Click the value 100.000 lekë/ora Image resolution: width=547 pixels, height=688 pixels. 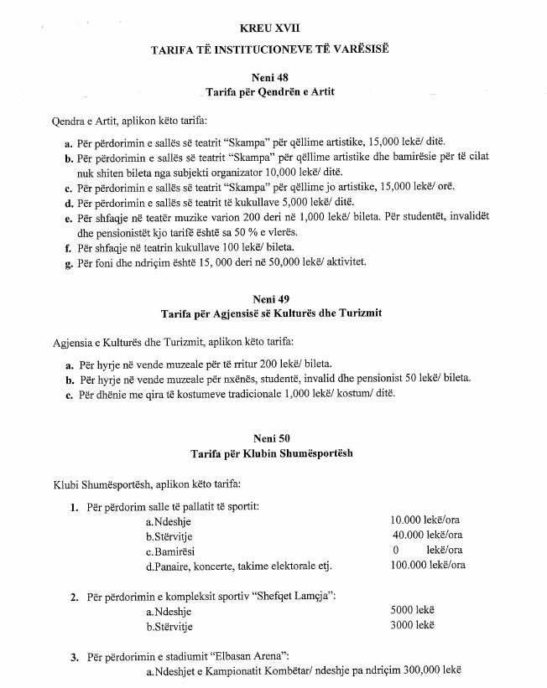428,566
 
